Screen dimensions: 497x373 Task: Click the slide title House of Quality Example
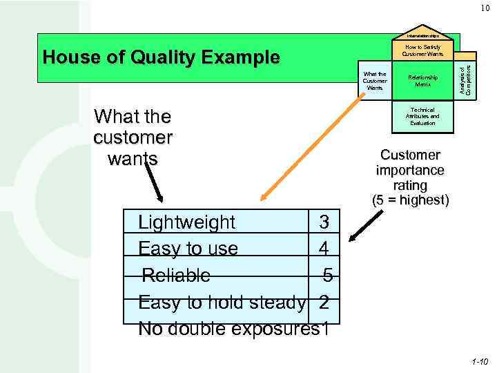click(x=161, y=57)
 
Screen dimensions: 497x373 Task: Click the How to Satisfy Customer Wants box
click(x=423, y=50)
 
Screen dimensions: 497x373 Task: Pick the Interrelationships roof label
click(x=423, y=35)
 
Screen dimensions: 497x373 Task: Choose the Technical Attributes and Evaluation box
click(x=422, y=116)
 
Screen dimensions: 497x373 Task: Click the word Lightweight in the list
click(x=187, y=222)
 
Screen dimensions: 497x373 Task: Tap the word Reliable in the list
click(x=176, y=276)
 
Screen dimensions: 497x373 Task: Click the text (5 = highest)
click(x=410, y=201)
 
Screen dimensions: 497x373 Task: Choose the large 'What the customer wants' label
click(x=133, y=137)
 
